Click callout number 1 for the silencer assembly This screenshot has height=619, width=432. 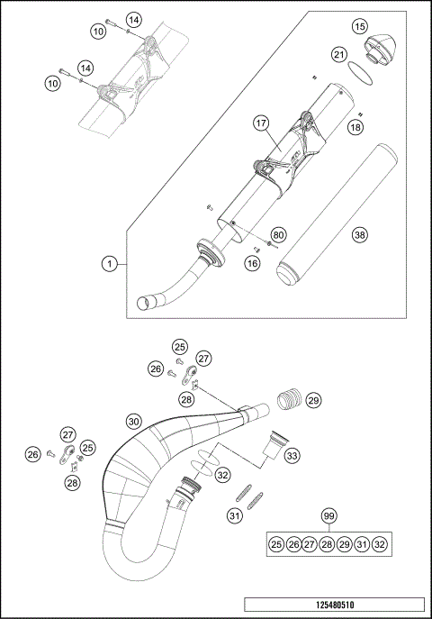(x=109, y=264)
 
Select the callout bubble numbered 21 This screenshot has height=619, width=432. (x=338, y=56)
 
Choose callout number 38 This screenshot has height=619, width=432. (x=360, y=235)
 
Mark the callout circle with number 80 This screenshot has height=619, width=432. (x=278, y=235)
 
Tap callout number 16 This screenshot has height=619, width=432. (x=252, y=262)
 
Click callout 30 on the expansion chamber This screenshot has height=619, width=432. (x=133, y=420)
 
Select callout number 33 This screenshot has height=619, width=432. (x=292, y=457)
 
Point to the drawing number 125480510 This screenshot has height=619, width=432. (x=332, y=607)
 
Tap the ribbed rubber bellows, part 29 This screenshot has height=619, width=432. (x=288, y=398)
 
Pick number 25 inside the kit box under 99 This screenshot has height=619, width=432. (x=275, y=544)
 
